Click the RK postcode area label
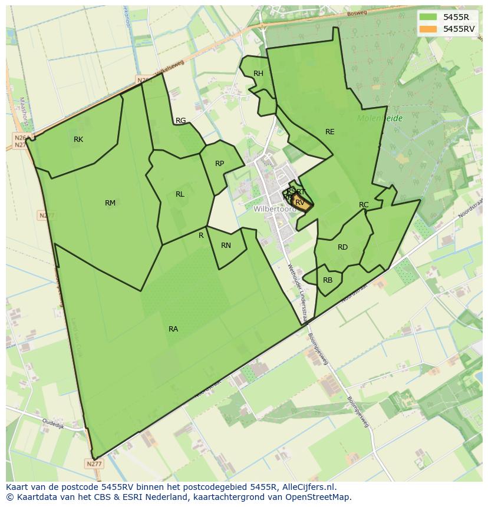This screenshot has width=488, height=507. (x=78, y=140)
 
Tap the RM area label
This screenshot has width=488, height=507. (x=110, y=203)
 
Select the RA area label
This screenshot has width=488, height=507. (x=173, y=329)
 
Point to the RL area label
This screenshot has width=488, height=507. (x=180, y=194)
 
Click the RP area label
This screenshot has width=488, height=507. (x=219, y=164)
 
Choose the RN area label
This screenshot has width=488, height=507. (x=226, y=246)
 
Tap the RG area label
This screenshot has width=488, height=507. (x=180, y=121)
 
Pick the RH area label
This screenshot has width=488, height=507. (x=258, y=74)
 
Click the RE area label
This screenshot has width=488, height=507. (x=330, y=132)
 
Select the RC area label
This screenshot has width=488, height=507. (x=364, y=205)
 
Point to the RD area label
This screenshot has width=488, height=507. (x=342, y=247)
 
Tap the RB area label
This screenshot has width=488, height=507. (x=328, y=280)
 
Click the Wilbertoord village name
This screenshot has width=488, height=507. (x=275, y=209)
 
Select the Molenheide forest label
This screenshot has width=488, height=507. (x=380, y=118)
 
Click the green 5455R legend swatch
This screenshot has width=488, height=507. (x=428, y=17)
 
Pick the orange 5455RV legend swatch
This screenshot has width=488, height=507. (x=428, y=28)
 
